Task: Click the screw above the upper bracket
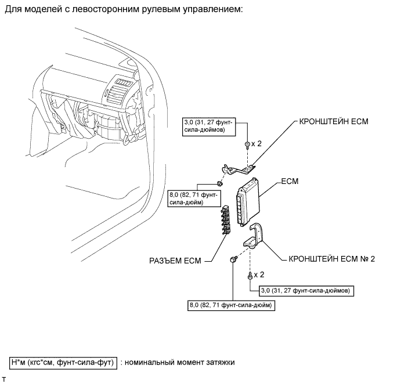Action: click(248, 143)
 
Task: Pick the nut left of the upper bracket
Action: click(220, 183)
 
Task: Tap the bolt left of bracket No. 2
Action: click(233, 259)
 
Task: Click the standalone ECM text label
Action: click(289, 182)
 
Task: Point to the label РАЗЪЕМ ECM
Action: click(172, 261)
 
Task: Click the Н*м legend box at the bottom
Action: click(63, 363)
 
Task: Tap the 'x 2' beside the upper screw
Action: click(258, 143)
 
